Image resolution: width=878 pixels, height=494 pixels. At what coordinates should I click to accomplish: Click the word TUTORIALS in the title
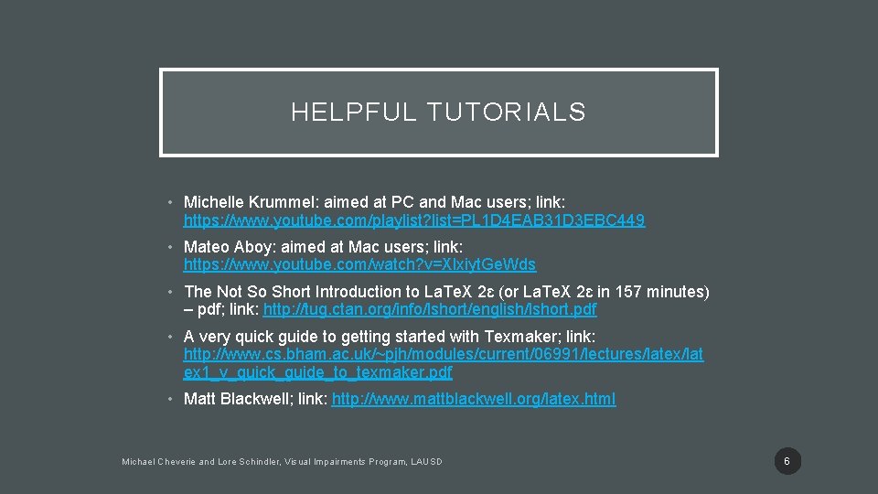tap(506, 113)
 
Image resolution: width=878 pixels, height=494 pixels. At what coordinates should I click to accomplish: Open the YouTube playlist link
tap(414, 220)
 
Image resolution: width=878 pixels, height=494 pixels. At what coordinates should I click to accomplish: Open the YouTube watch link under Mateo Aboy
tap(359, 265)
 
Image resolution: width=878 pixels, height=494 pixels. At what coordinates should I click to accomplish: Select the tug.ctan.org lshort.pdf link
tap(430, 310)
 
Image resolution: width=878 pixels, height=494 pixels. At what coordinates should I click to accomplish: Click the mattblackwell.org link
tap(474, 399)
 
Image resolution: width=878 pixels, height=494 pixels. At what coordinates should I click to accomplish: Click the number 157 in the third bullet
tap(629, 292)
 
